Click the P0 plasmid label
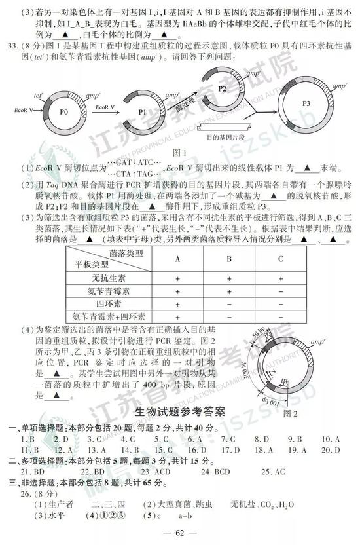63,112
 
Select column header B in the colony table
229,259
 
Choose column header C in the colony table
281,259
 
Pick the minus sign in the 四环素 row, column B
229,304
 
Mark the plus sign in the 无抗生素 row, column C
281,278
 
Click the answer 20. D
332,450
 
